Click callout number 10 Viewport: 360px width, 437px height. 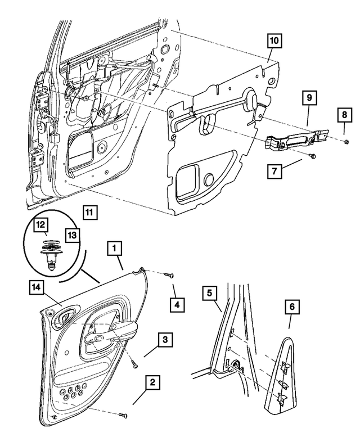(273, 41)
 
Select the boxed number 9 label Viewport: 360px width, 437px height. (308, 98)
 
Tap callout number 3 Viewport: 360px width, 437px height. (165, 339)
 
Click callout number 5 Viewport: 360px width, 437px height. (209, 292)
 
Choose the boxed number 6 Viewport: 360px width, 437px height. (292, 307)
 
